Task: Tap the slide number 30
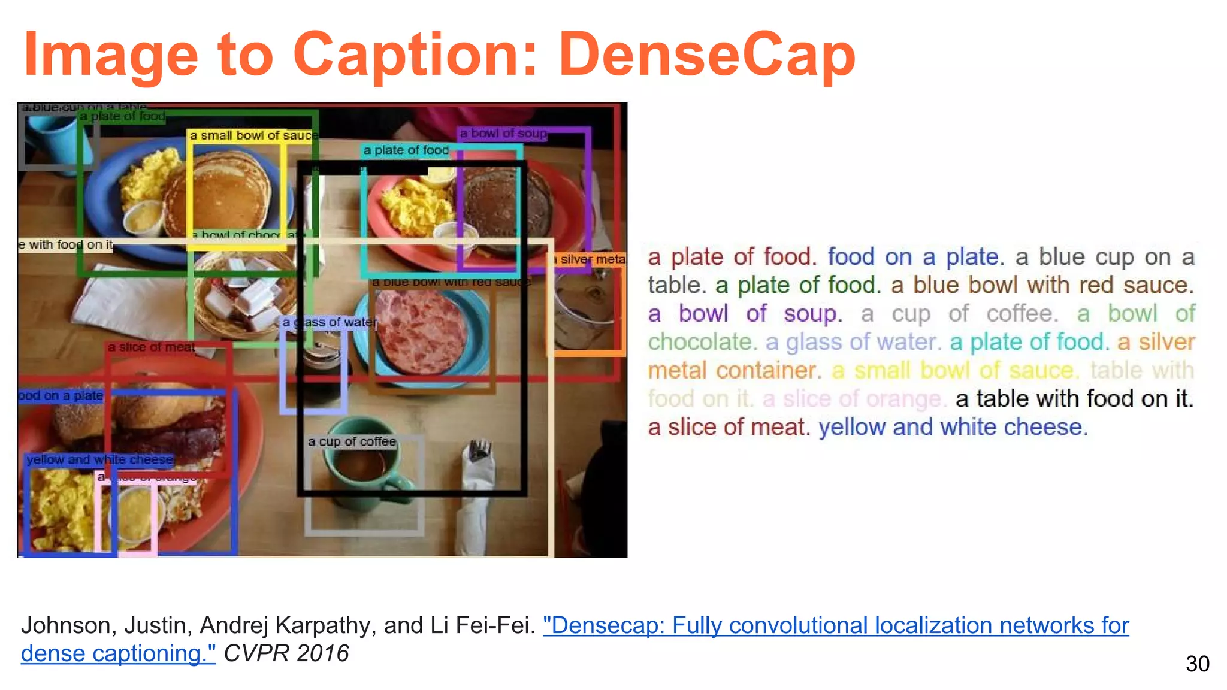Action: (1197, 664)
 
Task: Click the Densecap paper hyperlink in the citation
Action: (835, 625)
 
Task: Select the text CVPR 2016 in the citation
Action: (286, 653)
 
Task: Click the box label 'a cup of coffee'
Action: (352, 441)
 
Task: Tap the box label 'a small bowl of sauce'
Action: (253, 135)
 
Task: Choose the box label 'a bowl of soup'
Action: (503, 133)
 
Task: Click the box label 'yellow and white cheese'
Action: (99, 459)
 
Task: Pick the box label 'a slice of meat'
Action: (151, 347)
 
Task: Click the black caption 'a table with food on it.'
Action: (1074, 398)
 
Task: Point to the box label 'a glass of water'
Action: (330, 322)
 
